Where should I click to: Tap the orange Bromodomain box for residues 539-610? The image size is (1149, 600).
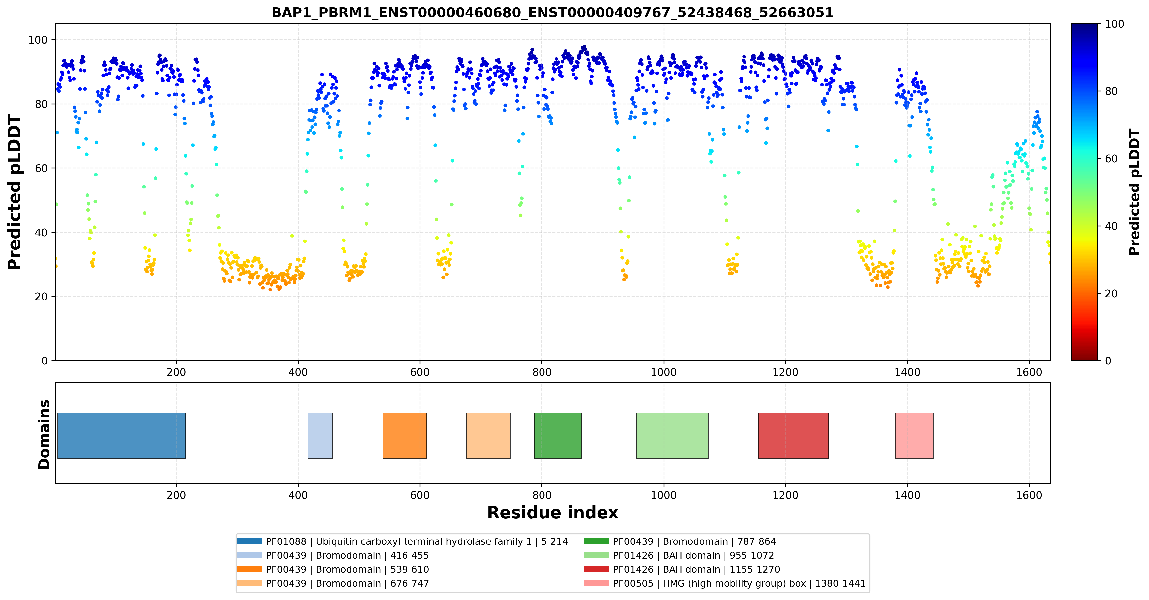(x=405, y=435)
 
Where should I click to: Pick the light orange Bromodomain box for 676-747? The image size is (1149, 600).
(x=488, y=435)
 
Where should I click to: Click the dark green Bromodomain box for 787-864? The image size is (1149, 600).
(x=557, y=435)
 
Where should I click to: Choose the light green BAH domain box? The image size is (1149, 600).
(x=672, y=435)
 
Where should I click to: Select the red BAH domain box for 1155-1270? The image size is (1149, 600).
(x=794, y=435)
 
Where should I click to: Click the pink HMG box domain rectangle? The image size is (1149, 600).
(x=914, y=435)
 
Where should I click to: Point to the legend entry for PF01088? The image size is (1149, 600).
(x=402, y=541)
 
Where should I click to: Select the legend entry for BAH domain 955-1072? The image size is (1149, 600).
(x=679, y=555)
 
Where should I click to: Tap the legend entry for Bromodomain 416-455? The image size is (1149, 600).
(x=333, y=555)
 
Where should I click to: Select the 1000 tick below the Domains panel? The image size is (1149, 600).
(x=664, y=495)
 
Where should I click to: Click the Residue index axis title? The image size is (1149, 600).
(x=553, y=513)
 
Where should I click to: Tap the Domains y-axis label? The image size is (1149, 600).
(x=44, y=434)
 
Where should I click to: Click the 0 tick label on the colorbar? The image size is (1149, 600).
(x=1108, y=361)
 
